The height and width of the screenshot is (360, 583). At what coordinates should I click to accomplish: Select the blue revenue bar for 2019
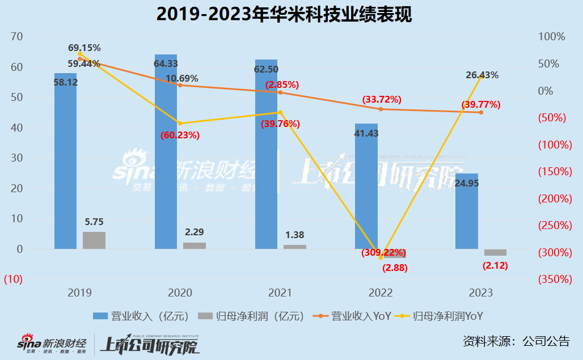(65, 164)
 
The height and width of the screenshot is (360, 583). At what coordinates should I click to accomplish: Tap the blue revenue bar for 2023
(467, 215)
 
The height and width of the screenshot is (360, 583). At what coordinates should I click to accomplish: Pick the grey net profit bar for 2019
(94, 240)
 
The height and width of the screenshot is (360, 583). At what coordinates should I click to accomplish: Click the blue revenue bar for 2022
(366, 187)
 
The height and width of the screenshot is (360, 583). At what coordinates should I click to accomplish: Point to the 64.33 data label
(166, 63)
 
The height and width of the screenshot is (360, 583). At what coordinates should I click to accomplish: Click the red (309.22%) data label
(383, 252)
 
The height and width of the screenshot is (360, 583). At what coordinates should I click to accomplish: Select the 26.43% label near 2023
(482, 75)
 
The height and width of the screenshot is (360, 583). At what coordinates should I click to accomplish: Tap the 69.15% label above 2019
(84, 48)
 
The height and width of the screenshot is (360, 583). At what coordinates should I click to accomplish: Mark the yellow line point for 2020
(180, 123)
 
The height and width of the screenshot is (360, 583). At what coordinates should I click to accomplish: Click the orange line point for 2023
(481, 112)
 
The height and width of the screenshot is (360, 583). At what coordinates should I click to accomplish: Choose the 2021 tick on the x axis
(280, 293)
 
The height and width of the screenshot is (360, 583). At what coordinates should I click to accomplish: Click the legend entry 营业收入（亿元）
(140, 316)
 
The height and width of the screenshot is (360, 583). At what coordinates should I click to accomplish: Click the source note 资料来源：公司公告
(516, 341)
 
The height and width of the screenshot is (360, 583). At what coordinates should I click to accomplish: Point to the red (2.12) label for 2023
(495, 265)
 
